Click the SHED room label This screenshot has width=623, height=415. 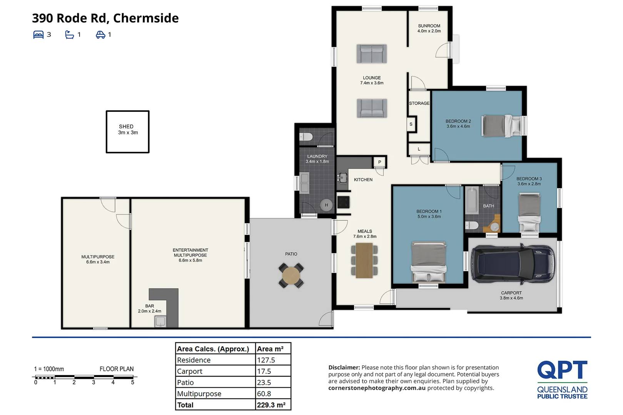pos(126,126)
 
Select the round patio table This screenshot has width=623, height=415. pos(291,276)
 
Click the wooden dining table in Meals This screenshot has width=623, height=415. pos(364,261)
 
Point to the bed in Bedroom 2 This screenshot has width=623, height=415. pos(503,126)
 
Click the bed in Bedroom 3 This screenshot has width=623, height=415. pos(529,213)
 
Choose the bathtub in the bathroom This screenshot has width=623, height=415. pos(472,200)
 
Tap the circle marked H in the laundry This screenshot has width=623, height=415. pos(326,205)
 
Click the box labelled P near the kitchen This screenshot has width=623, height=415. pos(379,162)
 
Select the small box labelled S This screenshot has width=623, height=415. pos(411,124)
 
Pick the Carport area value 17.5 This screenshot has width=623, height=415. pos(264,371)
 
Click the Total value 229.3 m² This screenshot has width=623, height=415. pos(271,405)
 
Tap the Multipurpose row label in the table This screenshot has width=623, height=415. pos(199,393)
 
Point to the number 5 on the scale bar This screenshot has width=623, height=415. pos(133,382)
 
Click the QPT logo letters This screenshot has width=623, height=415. pos(562,370)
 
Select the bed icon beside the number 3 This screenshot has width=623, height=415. pos(38,35)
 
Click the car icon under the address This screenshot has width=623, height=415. pos(100,35)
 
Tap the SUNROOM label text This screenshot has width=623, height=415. pos(429,26)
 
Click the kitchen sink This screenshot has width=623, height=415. pos(342,177)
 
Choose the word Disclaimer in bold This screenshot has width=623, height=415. pos(344,367)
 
